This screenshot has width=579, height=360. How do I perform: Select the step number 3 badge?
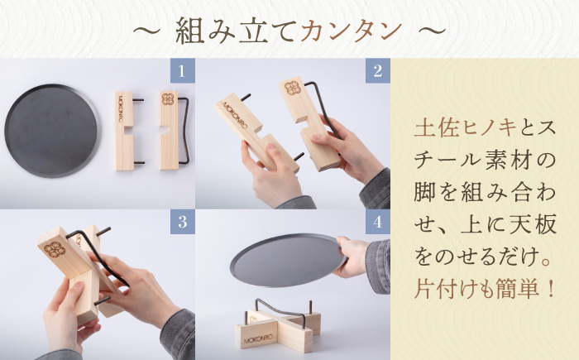click(182, 222)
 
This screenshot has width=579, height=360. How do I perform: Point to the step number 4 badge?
click(376, 222)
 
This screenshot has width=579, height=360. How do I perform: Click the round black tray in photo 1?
click(51, 130)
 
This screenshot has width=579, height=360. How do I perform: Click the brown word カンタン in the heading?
click(352, 31)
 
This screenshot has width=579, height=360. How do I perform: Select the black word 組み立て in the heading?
click(237, 31)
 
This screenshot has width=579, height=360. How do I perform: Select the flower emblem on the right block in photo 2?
click(293, 90)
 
